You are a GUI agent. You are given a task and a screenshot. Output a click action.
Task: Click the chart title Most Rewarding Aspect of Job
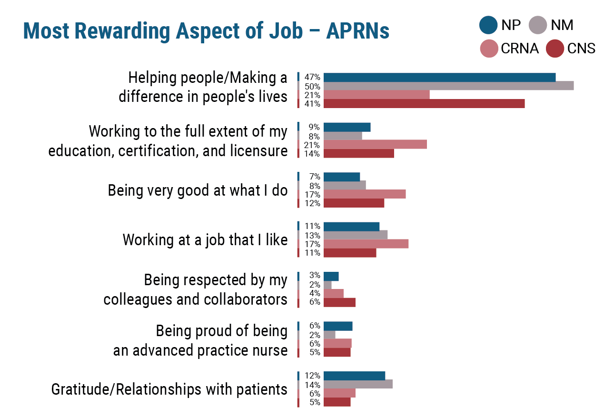click(206, 31)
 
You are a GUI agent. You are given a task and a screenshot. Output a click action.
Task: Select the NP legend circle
click(488, 25)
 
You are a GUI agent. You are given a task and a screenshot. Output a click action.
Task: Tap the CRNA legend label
click(520, 49)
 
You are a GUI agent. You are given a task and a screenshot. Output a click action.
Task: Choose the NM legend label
click(562, 25)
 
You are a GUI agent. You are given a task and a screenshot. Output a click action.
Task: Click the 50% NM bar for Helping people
click(448, 86)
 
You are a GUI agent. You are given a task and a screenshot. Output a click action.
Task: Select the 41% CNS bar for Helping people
click(424, 103)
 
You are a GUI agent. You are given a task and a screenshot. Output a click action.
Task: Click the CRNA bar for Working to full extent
click(375, 144)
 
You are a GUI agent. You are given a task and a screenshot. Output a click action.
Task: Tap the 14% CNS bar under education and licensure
click(358, 153)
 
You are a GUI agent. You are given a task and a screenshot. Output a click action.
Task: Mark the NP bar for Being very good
click(341, 177)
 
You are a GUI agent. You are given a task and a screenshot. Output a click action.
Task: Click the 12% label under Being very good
click(313, 203)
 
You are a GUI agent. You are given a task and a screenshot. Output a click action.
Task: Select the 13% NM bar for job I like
click(355, 235)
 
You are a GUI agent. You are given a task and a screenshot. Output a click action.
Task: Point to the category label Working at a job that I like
click(205, 239)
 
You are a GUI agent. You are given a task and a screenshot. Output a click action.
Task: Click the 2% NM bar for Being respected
click(327, 285)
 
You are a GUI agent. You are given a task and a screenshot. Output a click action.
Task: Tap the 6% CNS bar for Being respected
click(339, 302)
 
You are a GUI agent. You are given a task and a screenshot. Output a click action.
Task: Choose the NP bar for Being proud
click(337, 326)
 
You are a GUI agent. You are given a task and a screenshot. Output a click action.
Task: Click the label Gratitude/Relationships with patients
click(169, 389)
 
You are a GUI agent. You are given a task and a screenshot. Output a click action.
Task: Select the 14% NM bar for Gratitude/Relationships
click(358, 384)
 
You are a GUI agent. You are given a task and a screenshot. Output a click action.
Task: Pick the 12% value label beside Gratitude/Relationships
click(313, 376)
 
